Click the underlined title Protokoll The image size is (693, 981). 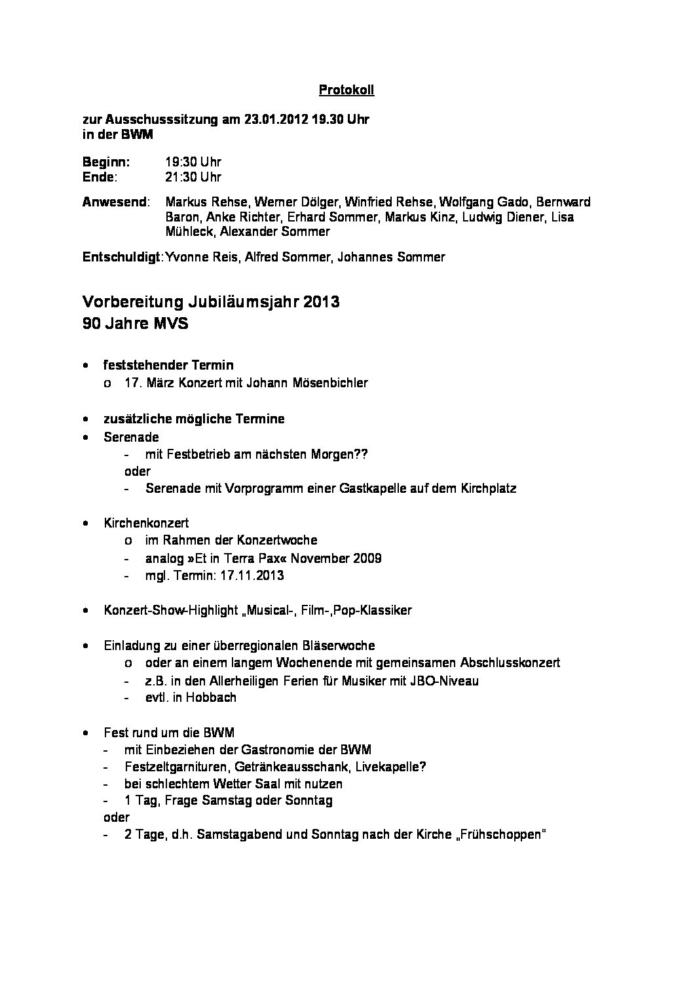point(346,90)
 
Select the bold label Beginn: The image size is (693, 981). point(106,162)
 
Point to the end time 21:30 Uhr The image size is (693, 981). point(193,177)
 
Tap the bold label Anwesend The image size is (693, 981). point(114,202)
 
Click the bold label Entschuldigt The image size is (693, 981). point(121,257)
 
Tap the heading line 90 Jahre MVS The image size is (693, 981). point(135,323)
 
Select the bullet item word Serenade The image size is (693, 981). point(131,436)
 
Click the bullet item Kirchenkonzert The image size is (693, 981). point(146,523)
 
